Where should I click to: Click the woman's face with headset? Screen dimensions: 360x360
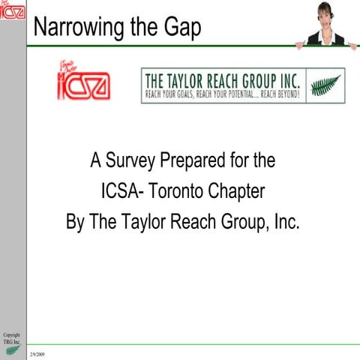(325, 13)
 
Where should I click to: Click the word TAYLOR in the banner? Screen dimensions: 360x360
(188, 79)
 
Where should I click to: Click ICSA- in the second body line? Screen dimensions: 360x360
(123, 191)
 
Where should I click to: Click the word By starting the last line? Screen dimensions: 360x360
(76, 223)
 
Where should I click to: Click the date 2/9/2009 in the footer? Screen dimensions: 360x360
(37, 352)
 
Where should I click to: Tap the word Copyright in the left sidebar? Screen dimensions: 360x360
(11, 334)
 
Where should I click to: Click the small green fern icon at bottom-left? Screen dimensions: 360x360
(11, 350)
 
